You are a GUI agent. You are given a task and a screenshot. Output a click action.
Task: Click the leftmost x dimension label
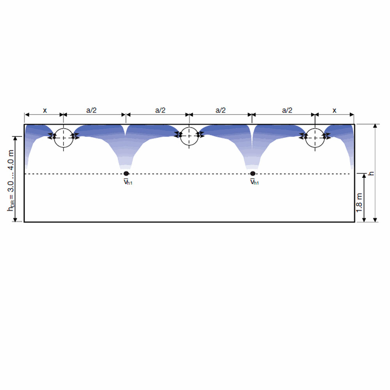click(45, 110)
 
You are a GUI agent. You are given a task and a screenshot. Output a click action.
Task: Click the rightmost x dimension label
click(334, 110)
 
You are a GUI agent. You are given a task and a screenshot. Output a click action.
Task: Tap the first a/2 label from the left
click(91, 110)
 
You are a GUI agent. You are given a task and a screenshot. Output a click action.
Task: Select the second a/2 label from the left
click(160, 110)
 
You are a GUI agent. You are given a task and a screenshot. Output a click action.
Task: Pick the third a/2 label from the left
click(220, 110)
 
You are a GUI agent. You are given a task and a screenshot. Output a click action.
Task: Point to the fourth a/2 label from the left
click(287, 110)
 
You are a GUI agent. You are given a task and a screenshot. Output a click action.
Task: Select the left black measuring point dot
click(126, 174)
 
